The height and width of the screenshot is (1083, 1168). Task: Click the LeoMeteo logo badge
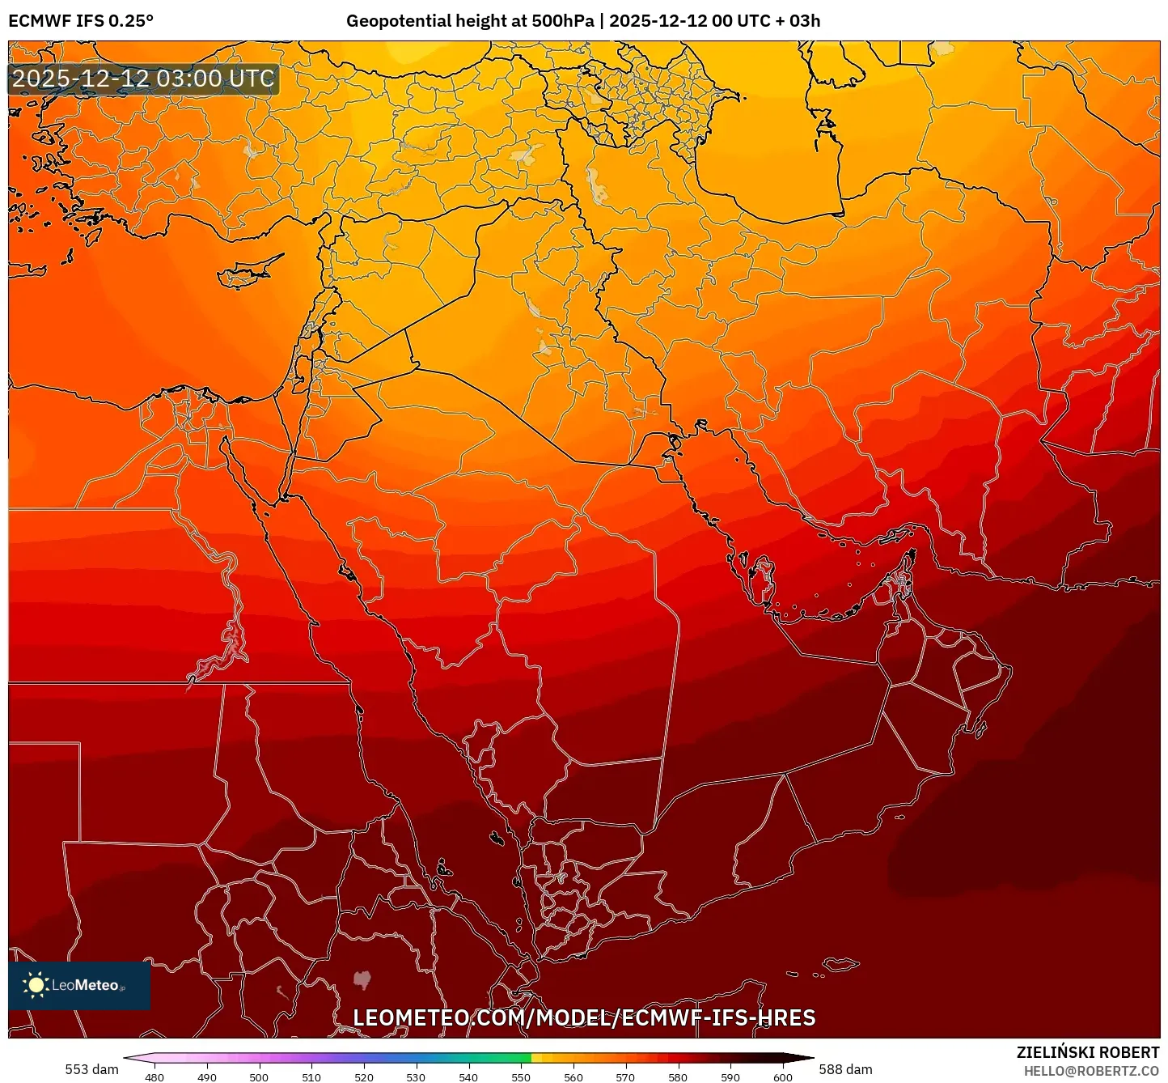click(x=79, y=985)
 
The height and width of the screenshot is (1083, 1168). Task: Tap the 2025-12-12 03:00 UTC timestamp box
click(x=143, y=79)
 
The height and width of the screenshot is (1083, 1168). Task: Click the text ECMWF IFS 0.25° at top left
click(x=81, y=21)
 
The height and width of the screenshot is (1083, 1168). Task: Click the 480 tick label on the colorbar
click(x=154, y=1077)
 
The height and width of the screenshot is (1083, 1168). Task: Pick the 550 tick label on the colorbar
click(x=521, y=1077)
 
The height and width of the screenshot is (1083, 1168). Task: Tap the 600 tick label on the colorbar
click(x=782, y=1077)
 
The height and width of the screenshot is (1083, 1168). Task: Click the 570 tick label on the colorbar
click(x=625, y=1077)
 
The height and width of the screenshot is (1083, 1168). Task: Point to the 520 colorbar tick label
click(x=364, y=1077)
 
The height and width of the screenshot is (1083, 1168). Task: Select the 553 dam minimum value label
click(x=91, y=1069)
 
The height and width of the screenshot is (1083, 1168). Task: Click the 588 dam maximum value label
click(x=845, y=1069)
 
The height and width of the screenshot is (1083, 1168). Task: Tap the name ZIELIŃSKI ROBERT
click(x=1088, y=1052)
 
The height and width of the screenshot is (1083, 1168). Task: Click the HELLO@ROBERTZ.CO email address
click(x=1091, y=1071)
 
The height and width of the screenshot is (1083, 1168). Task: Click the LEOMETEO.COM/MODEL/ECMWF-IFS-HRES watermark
click(x=584, y=1017)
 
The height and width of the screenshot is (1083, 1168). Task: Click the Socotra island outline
click(x=841, y=964)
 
